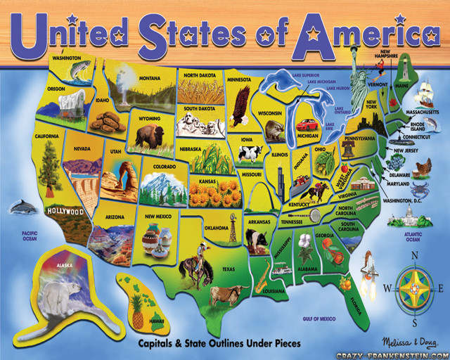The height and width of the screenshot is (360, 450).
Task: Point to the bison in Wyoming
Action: [x=148, y=135]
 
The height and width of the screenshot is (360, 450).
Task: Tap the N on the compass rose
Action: [x=414, y=255]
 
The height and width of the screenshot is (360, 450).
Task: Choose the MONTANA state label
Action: [x=150, y=78]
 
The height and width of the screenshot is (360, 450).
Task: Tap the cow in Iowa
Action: [x=249, y=153]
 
